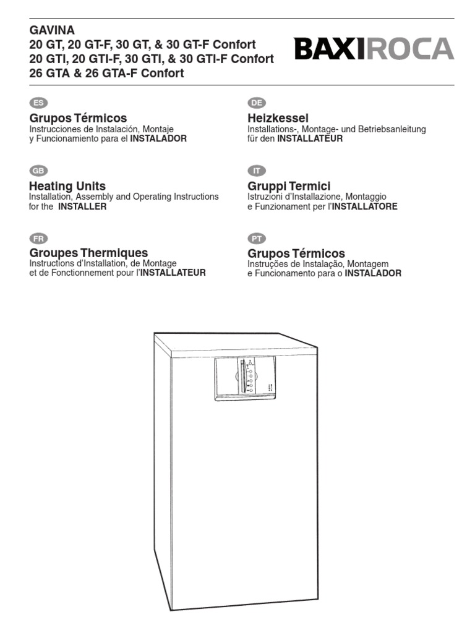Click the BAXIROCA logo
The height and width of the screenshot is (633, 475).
tap(374, 49)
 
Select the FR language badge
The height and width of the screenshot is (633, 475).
tap(38, 239)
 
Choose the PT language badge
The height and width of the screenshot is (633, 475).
tap(256, 239)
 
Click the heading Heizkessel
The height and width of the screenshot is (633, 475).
tap(278, 118)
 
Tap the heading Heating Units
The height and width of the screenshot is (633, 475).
tap(67, 186)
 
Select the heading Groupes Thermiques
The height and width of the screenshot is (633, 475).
tap(88, 253)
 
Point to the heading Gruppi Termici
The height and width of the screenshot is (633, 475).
tap(289, 186)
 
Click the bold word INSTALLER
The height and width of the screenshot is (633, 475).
tap(82, 207)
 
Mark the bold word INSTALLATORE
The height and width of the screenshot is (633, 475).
tap(364, 207)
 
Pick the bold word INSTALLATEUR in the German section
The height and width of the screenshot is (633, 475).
tap(309, 139)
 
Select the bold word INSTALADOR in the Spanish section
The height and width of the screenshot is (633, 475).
tap(158, 139)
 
